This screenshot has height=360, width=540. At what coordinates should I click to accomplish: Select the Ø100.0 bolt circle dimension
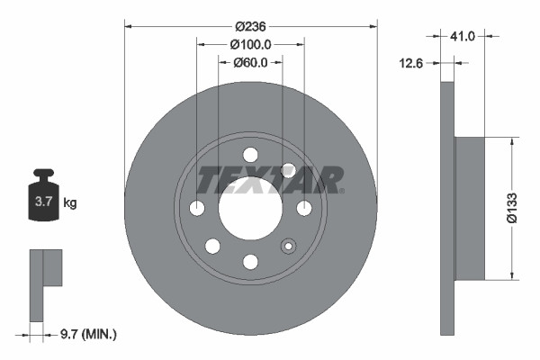coord(250,44)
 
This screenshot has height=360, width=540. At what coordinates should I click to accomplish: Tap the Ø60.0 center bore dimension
coord(250,63)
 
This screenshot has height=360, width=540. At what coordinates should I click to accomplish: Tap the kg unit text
coord(70,203)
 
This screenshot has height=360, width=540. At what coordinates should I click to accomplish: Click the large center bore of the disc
coord(250,208)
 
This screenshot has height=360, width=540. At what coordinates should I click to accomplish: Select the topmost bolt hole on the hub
coord(250,154)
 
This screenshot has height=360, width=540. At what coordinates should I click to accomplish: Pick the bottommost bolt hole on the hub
coord(250,262)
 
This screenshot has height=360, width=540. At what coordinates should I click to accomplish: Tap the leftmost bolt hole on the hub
coord(197,208)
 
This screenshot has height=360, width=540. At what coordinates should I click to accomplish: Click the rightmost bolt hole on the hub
coord(304,208)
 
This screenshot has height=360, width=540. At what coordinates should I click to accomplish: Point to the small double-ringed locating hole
coord(289,246)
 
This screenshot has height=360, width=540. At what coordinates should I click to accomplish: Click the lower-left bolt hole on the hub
coord(212,246)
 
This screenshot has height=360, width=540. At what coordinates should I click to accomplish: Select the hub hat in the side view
coord(471,207)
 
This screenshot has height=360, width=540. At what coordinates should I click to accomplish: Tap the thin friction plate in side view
coord(447,207)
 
